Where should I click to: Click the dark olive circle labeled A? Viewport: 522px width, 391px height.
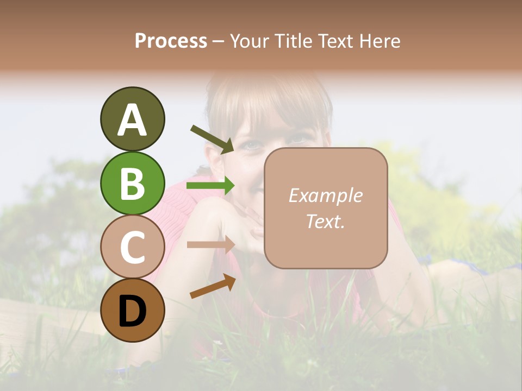pyautogui.click(x=132, y=119)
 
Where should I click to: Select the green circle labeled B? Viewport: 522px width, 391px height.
pyautogui.click(x=132, y=183)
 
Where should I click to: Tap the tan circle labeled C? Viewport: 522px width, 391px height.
pyautogui.click(x=132, y=247)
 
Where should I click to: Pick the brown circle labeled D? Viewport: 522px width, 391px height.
pyautogui.click(x=132, y=310)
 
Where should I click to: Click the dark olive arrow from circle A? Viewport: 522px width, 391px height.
pyautogui.click(x=212, y=139)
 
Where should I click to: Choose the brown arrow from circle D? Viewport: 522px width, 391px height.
pyautogui.click(x=213, y=286)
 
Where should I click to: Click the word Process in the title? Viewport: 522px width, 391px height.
pyautogui.click(x=171, y=41)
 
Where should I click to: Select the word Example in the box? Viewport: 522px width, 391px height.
pyautogui.click(x=325, y=195)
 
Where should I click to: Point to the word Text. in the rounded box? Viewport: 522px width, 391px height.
pyautogui.click(x=325, y=221)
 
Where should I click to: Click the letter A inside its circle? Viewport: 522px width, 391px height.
pyautogui.click(x=132, y=119)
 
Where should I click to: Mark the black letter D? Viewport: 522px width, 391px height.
pyautogui.click(x=132, y=311)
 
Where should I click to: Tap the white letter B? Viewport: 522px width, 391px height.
pyautogui.click(x=132, y=184)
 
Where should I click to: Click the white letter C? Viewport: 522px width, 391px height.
pyautogui.click(x=132, y=247)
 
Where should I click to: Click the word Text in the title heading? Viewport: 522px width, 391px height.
pyautogui.click(x=334, y=41)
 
